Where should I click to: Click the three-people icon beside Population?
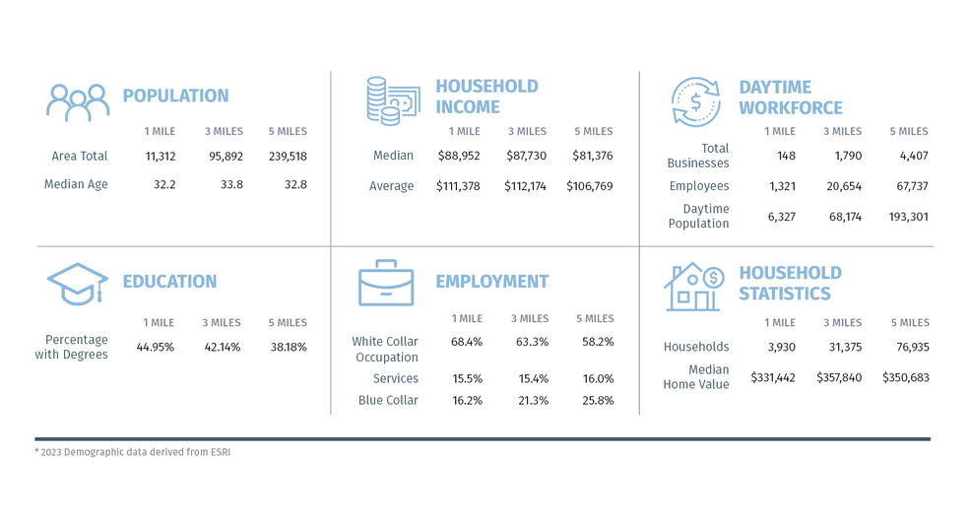pos(78,101)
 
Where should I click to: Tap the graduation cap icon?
pos(77,285)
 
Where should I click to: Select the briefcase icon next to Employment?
pos(386,284)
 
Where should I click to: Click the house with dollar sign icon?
pos(694,286)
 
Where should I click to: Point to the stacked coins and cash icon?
pos(391,99)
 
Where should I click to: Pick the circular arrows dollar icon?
pos(695,100)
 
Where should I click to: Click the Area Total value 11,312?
pos(160,156)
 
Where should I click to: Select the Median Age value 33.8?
pos(224,184)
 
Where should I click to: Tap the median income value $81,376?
pos(592,156)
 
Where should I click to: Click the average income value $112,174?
pos(527,186)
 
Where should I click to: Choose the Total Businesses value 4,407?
pos(909,156)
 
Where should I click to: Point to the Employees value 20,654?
pos(842,186)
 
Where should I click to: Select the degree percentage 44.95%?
pos(155,347)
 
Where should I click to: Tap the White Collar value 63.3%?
pos(530,342)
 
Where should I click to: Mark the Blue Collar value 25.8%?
pos(598,401)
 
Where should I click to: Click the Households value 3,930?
pos(779,347)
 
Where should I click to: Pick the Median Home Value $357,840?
pos(839,377)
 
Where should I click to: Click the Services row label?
pos(396,378)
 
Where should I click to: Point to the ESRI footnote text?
pos(133,452)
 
